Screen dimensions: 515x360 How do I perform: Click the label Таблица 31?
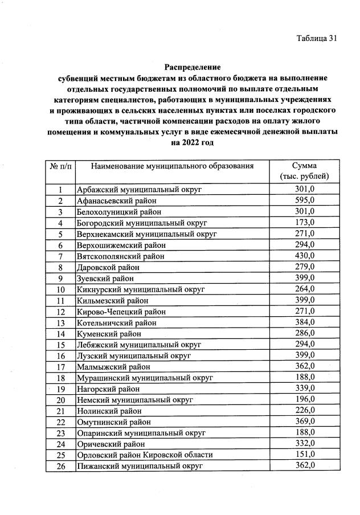(x=317, y=38)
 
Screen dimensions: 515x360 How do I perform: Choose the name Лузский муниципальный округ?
(x=134, y=355)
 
